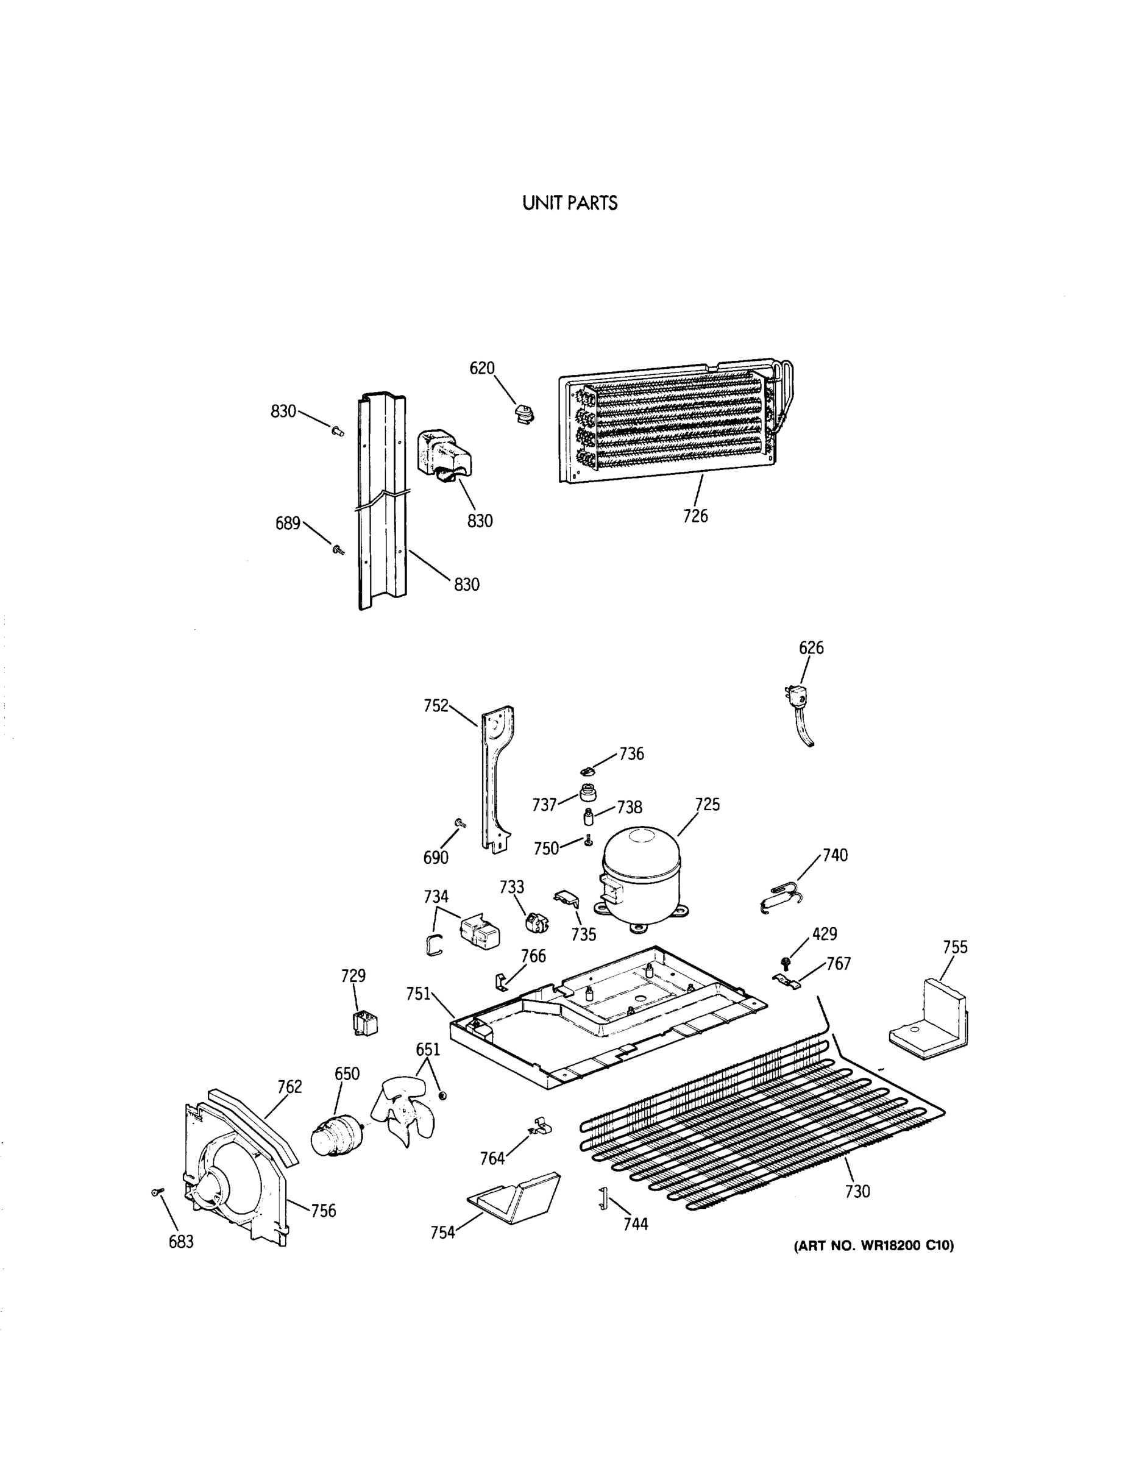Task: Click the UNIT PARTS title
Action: point(570,204)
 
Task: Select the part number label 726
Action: point(695,516)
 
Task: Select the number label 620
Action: point(481,368)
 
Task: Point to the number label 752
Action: point(436,705)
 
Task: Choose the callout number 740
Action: point(834,855)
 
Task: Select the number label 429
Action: point(825,934)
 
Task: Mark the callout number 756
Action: point(324,1211)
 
